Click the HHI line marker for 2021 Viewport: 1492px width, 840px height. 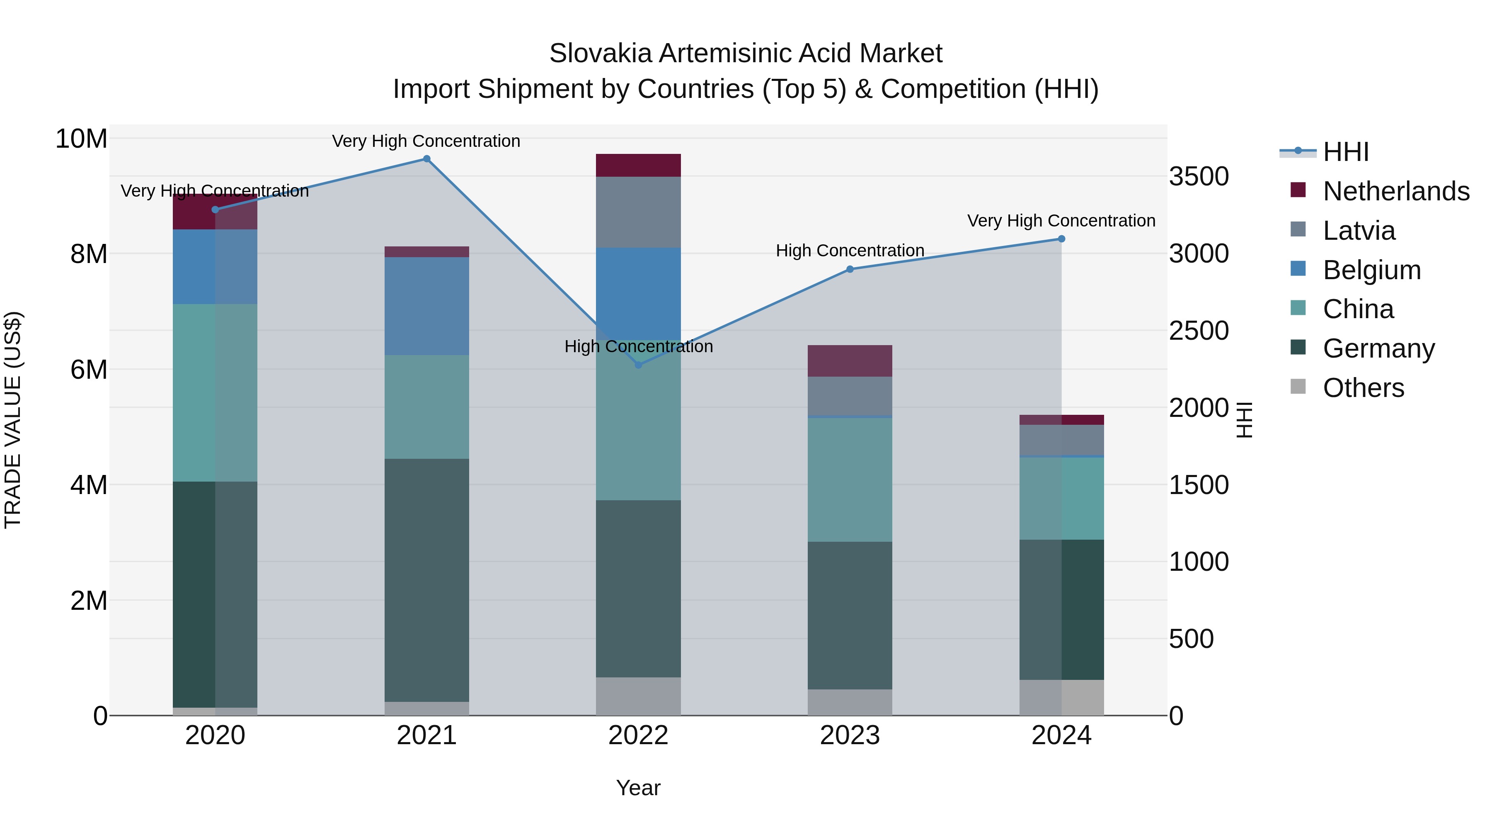[426, 159]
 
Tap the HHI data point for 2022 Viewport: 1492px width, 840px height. [638, 365]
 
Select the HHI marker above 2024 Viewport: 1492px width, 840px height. [1061, 239]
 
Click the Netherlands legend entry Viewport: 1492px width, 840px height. [1396, 191]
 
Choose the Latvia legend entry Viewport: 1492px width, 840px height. [1359, 231]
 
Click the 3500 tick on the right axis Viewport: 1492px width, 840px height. [1198, 176]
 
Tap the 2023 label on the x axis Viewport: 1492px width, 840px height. [850, 735]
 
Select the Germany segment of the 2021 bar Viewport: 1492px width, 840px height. [426, 580]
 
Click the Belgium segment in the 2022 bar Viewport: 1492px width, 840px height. [638, 293]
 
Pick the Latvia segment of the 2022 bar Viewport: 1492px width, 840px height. [638, 212]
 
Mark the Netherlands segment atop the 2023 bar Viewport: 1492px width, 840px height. [850, 360]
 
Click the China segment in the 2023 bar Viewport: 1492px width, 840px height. [850, 480]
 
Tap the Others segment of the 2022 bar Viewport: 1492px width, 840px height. [638, 696]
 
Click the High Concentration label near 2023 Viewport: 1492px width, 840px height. [850, 251]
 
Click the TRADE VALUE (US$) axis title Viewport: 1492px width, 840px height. [13, 420]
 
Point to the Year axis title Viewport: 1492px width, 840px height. [638, 788]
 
